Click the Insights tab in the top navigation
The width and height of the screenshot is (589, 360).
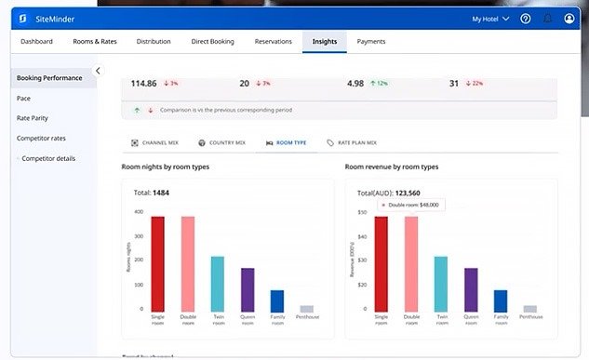(x=325, y=42)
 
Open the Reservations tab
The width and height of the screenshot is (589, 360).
(x=273, y=42)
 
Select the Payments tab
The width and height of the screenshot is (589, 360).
(x=371, y=42)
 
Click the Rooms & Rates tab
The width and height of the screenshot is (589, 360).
(x=95, y=42)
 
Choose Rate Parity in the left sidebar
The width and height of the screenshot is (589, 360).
(x=33, y=118)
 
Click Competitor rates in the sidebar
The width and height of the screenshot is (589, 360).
(x=40, y=139)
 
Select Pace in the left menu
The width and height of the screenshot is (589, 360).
(x=23, y=98)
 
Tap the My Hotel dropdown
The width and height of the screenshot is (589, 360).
(x=490, y=19)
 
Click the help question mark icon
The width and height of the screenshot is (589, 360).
(x=526, y=19)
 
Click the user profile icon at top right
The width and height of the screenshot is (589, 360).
(x=569, y=19)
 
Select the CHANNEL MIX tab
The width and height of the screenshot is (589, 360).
(x=154, y=143)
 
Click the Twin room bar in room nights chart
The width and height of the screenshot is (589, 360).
(x=217, y=284)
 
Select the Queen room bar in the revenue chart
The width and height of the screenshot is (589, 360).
(x=471, y=289)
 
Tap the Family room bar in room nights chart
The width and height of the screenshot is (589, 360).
(x=276, y=300)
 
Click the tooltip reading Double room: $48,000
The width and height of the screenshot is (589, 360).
(x=410, y=205)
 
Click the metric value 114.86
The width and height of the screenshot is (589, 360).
(x=143, y=84)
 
